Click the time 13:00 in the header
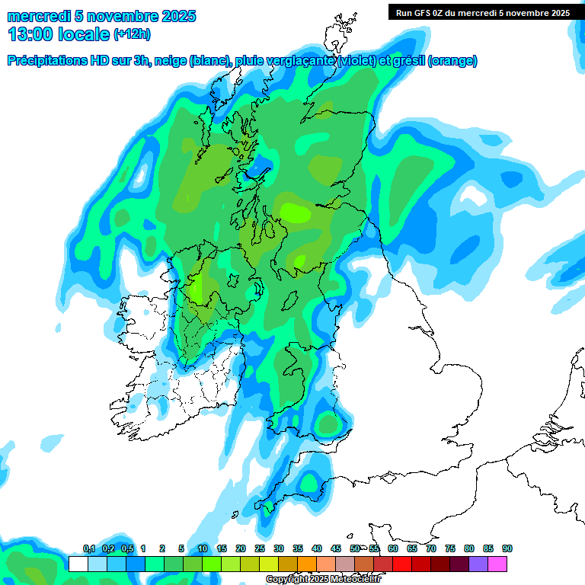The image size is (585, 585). click(x=31, y=34)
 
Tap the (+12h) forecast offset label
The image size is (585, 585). click(x=132, y=34)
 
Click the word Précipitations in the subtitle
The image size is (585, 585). click(x=52, y=61)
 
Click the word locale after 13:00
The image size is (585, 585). click(x=84, y=34)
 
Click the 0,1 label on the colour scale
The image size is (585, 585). click(x=88, y=549)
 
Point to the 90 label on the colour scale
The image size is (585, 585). click(x=507, y=549)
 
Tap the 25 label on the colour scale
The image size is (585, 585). click(x=260, y=549)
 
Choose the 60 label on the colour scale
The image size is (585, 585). click(x=393, y=549)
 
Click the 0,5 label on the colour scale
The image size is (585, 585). click(x=126, y=549)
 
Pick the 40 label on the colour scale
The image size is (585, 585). click(x=317, y=549)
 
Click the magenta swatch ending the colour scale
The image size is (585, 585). click(x=497, y=564)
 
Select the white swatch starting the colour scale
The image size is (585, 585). click(x=78, y=564)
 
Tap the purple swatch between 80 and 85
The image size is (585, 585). click(x=478, y=564)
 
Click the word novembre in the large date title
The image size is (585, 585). click(x=121, y=16)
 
